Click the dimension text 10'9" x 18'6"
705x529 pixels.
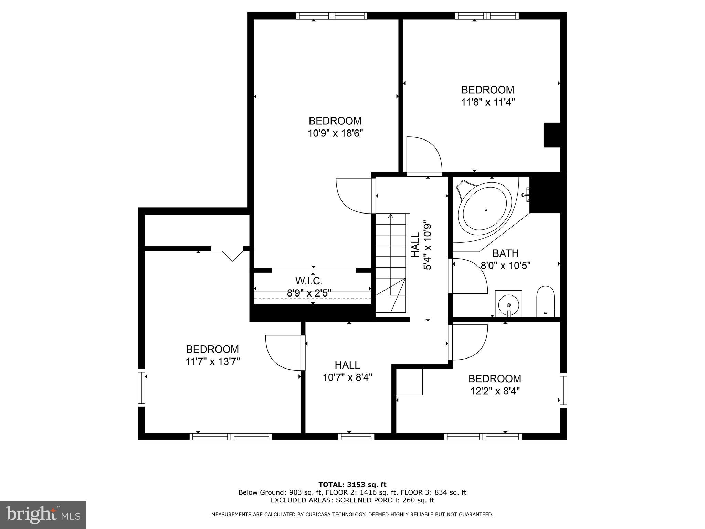pyautogui.click(x=335, y=133)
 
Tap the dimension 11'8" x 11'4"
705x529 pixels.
pyautogui.click(x=488, y=102)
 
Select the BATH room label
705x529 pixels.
pyautogui.click(x=505, y=253)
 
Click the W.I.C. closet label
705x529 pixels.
pyautogui.click(x=309, y=281)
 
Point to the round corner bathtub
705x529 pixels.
pyautogui.click(x=485, y=210)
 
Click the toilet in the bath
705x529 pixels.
pyautogui.click(x=546, y=301)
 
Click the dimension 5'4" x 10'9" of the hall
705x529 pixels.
pyautogui.click(x=428, y=245)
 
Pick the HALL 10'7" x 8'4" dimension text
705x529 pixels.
pyautogui.click(x=347, y=378)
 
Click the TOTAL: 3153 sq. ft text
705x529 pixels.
pyautogui.click(x=352, y=485)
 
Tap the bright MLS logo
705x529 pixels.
pyautogui.click(x=43, y=515)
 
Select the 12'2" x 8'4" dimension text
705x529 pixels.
pyautogui.click(x=495, y=391)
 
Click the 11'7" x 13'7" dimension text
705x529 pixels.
pyautogui.click(x=212, y=362)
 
